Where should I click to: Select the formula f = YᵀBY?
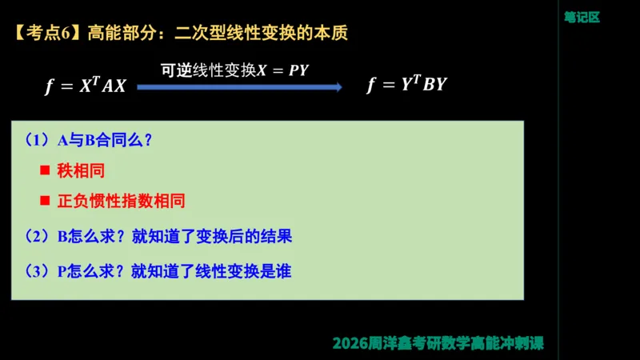click(x=406, y=86)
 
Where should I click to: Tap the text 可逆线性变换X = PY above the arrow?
click(x=234, y=70)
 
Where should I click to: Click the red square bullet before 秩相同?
click(x=45, y=171)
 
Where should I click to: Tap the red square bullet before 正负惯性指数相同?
click(x=45, y=201)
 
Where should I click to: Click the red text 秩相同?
click(x=81, y=171)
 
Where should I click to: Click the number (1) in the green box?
click(x=38, y=141)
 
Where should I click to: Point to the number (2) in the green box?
click(x=38, y=236)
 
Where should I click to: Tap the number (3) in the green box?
click(x=38, y=271)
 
